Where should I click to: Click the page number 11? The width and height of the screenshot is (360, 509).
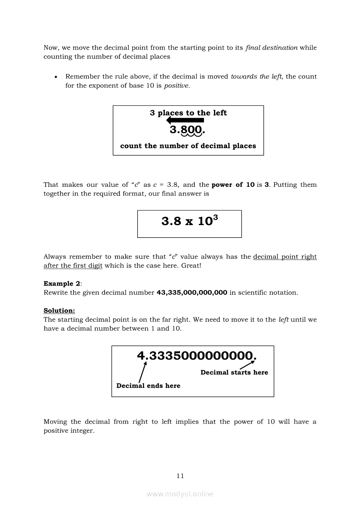coord(180,476)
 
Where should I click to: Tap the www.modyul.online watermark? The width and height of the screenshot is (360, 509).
coord(180,494)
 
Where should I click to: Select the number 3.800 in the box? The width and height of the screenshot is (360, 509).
coord(187,130)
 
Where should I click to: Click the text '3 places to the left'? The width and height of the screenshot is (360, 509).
coord(188,113)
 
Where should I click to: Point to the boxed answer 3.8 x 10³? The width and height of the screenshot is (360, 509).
coord(190,221)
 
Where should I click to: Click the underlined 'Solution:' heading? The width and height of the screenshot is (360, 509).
coord(59,310)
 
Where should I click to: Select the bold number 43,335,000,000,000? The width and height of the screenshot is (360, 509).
coord(192,293)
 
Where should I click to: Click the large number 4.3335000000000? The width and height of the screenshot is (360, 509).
coord(197,356)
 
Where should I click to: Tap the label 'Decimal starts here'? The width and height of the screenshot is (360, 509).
coord(234,372)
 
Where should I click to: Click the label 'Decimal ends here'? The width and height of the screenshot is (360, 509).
coord(148,386)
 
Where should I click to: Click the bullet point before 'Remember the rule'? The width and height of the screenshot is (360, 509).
coord(55,77)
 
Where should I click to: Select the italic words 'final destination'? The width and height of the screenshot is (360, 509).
coord(272,47)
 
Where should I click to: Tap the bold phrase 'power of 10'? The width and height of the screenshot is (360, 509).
coord(233,185)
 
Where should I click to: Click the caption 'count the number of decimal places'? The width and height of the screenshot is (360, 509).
coord(188,146)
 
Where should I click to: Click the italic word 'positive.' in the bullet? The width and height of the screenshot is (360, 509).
coord(177,85)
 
